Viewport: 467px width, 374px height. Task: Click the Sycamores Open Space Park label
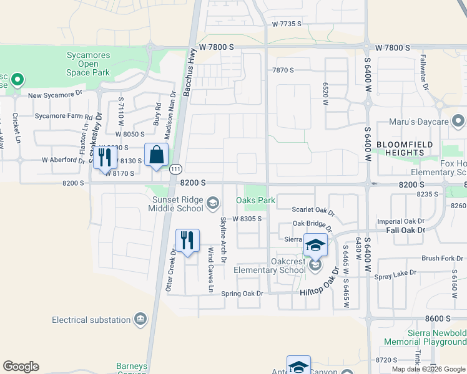89,64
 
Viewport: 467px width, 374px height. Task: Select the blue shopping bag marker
155,156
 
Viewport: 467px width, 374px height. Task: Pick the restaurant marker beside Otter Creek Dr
187,241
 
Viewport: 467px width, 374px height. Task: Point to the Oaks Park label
255,201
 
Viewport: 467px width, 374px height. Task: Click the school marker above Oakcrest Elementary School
315,245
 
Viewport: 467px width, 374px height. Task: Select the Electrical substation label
91,320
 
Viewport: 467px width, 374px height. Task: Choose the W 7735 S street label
287,24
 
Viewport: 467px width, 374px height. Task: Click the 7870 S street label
283,70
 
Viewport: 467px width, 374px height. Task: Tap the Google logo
21,367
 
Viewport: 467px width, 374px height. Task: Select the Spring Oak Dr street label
242,293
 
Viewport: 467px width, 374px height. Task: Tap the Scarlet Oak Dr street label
313,212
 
